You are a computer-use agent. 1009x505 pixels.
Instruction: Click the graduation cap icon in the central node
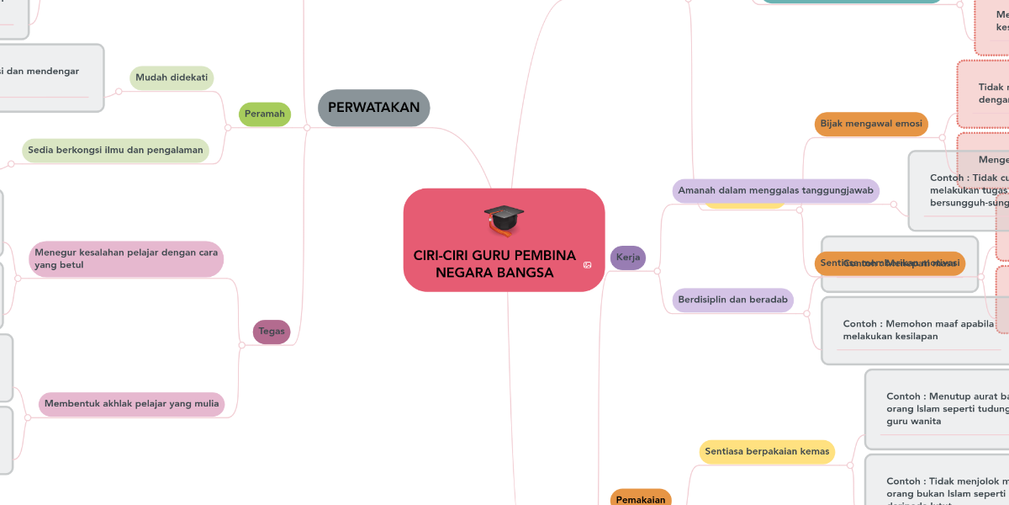tap(504, 221)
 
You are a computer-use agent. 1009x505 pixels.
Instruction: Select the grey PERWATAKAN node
tap(374, 108)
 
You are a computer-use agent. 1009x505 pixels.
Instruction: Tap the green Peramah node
tap(265, 114)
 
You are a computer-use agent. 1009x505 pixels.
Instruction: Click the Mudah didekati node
tap(172, 77)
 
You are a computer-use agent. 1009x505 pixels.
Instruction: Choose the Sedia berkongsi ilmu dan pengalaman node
tap(115, 151)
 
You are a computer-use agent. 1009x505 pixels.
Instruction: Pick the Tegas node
tap(272, 332)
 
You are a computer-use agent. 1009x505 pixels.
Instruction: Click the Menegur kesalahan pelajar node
tap(126, 259)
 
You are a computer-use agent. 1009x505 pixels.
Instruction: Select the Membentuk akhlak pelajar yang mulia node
tap(131, 404)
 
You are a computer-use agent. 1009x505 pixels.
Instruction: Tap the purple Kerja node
tap(627, 257)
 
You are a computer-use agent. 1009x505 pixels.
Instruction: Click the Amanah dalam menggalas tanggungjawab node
tap(775, 190)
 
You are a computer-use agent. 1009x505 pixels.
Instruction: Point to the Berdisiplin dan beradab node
tap(733, 300)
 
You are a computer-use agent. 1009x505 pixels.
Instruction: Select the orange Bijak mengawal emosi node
tap(870, 124)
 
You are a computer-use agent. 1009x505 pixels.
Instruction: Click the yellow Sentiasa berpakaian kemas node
tap(767, 451)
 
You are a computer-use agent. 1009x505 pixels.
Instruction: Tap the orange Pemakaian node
tap(641, 498)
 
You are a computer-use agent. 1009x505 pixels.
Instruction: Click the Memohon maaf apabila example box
tap(917, 330)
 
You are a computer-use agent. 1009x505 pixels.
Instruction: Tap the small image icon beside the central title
tap(587, 265)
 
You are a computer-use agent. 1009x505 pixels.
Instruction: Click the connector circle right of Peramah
tap(307, 128)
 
